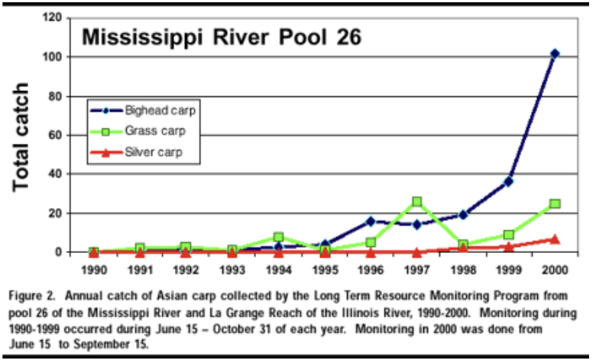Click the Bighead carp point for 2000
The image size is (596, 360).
pyautogui.click(x=555, y=54)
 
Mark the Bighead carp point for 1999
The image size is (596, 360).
pyautogui.click(x=508, y=181)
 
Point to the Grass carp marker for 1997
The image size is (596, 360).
pyautogui.click(x=416, y=202)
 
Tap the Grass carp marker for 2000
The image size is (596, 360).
pyautogui.click(x=555, y=203)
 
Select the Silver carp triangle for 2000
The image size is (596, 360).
pyautogui.click(x=555, y=238)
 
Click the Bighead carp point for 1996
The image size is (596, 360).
pyautogui.click(x=371, y=221)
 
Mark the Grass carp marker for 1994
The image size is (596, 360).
pyautogui.click(x=278, y=237)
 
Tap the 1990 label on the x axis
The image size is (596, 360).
pyautogui.click(x=93, y=271)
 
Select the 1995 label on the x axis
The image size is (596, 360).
pyautogui.click(x=324, y=271)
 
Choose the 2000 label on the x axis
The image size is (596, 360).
pyautogui.click(x=556, y=271)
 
